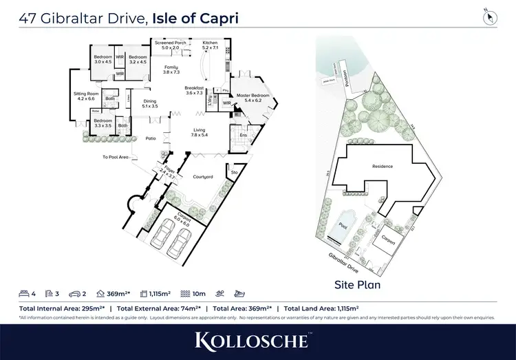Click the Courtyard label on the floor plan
(202, 177)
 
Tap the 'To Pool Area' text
(116, 157)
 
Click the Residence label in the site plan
(382, 166)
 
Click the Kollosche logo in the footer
(257, 339)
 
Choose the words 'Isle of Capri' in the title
(194, 18)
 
